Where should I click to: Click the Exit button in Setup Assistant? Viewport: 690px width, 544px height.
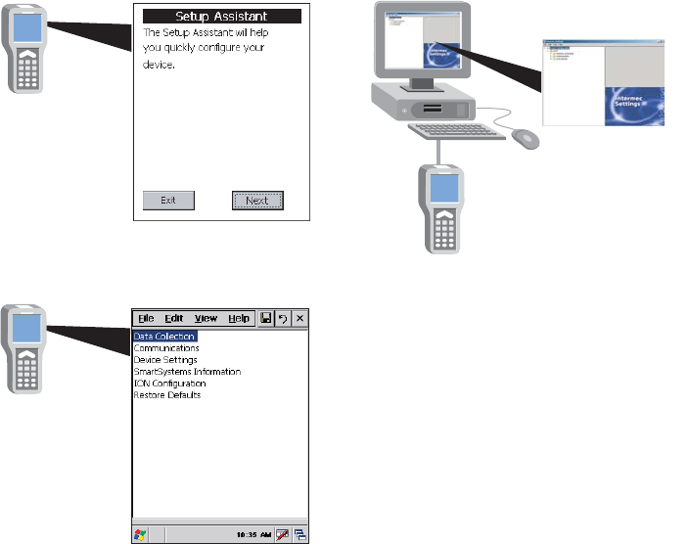(x=168, y=201)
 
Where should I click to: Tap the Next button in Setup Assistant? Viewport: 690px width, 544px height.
(x=257, y=201)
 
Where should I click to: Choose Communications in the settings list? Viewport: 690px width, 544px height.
(x=166, y=348)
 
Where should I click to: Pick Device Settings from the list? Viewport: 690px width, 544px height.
(x=165, y=360)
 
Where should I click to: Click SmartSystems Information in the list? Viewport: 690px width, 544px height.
(x=187, y=372)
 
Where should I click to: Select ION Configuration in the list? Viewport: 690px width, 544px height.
(x=170, y=384)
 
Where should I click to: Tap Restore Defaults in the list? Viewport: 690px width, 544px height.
(x=167, y=395)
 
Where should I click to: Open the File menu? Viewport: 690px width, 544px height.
(x=146, y=319)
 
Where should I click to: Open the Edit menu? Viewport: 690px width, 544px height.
(x=174, y=319)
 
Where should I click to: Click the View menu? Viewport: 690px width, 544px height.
(x=206, y=319)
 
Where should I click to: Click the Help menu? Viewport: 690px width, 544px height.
(x=239, y=319)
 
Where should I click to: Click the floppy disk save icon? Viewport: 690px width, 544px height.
(x=266, y=319)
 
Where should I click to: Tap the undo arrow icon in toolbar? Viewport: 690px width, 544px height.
(x=283, y=319)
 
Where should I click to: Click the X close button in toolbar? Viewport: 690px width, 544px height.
(x=300, y=319)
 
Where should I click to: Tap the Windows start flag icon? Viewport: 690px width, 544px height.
(x=141, y=536)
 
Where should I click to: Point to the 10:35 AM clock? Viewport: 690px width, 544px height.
(x=253, y=536)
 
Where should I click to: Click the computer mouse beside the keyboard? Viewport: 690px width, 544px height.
(x=526, y=138)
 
